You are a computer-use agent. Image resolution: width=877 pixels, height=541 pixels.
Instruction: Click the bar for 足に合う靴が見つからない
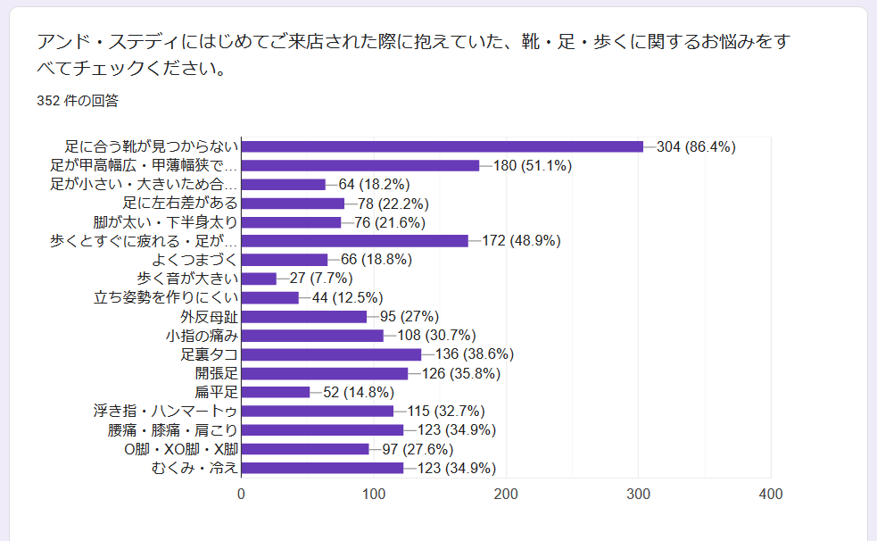click(442, 146)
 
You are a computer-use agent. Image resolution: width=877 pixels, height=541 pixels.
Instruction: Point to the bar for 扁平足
click(276, 392)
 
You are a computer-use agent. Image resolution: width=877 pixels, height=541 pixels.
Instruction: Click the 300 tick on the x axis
click(639, 495)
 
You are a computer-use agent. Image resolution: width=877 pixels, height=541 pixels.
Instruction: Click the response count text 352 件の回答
click(78, 101)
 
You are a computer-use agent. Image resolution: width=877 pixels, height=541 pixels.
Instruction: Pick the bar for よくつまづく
click(285, 260)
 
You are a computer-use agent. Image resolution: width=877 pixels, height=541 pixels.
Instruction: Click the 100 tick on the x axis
click(374, 495)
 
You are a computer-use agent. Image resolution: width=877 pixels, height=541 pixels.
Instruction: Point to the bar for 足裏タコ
click(331, 354)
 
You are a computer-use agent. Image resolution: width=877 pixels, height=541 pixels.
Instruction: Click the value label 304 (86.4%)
click(696, 146)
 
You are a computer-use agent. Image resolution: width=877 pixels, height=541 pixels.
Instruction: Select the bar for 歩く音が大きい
click(259, 279)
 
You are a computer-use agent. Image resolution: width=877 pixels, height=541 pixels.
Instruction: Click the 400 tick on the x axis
click(771, 495)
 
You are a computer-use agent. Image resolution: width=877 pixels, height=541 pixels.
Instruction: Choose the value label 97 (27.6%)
click(418, 449)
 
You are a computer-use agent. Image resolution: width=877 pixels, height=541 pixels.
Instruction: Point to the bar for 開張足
click(325, 373)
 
